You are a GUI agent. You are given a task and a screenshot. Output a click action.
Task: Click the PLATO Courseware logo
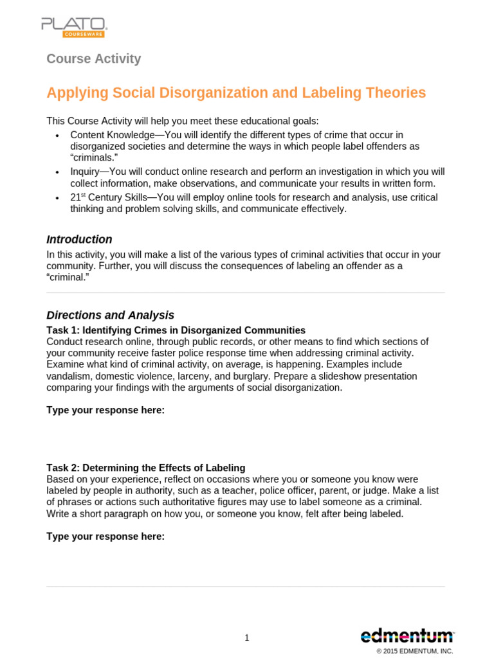tap(74, 27)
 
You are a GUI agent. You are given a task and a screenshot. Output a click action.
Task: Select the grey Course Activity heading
tap(93, 58)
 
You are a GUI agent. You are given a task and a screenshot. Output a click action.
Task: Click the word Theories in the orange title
tap(394, 93)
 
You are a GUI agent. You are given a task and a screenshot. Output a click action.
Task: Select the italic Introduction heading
tap(79, 239)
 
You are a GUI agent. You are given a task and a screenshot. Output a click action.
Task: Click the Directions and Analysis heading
tap(110, 315)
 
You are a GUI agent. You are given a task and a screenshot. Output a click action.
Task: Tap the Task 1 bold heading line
tap(176, 330)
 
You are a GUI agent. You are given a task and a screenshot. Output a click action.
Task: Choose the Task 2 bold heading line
tap(145, 468)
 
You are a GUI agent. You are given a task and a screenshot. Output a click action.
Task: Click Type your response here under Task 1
tap(105, 410)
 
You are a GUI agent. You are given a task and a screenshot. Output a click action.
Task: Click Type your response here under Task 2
tap(105, 536)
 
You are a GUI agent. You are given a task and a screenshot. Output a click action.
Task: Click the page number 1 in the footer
tap(247, 637)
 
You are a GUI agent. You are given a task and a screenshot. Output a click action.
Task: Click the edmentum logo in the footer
tap(407, 636)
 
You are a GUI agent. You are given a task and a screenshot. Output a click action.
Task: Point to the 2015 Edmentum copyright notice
tap(415, 651)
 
